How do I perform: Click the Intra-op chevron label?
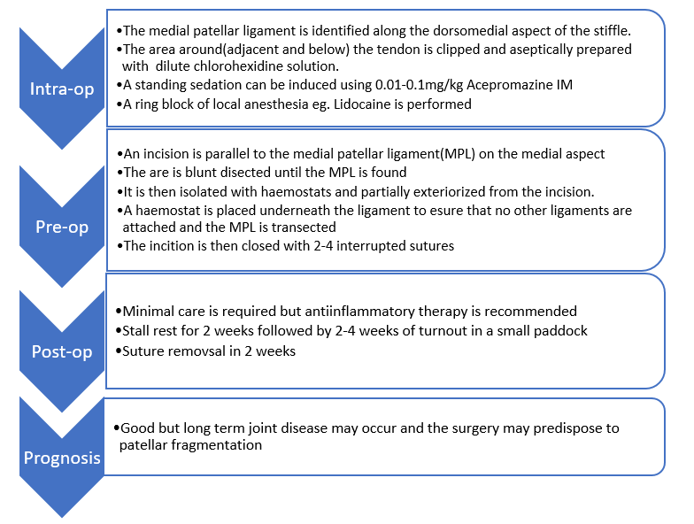click(x=62, y=89)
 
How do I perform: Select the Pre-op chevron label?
click(x=62, y=227)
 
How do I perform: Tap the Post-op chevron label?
click(x=62, y=352)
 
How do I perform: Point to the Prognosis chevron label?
click(x=62, y=459)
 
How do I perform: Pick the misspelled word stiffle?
click(x=608, y=30)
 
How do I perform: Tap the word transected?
click(x=304, y=227)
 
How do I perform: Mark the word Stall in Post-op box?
click(x=137, y=331)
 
